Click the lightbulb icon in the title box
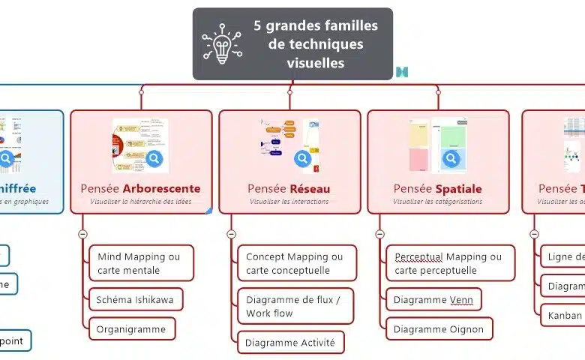click(x=221, y=44)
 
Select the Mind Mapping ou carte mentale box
click(x=141, y=263)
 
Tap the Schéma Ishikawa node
click(x=135, y=300)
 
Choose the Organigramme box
click(x=131, y=328)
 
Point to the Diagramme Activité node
click(x=291, y=343)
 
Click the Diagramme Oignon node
click(x=439, y=328)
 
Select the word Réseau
click(x=310, y=188)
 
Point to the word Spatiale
click(x=458, y=188)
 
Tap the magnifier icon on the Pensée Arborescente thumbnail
click(x=154, y=158)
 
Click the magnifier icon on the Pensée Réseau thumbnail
click(x=302, y=158)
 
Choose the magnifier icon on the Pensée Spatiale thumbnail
click(x=451, y=158)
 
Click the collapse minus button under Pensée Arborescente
click(x=82, y=234)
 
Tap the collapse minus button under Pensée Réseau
click(x=231, y=234)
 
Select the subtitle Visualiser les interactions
click(x=289, y=202)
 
